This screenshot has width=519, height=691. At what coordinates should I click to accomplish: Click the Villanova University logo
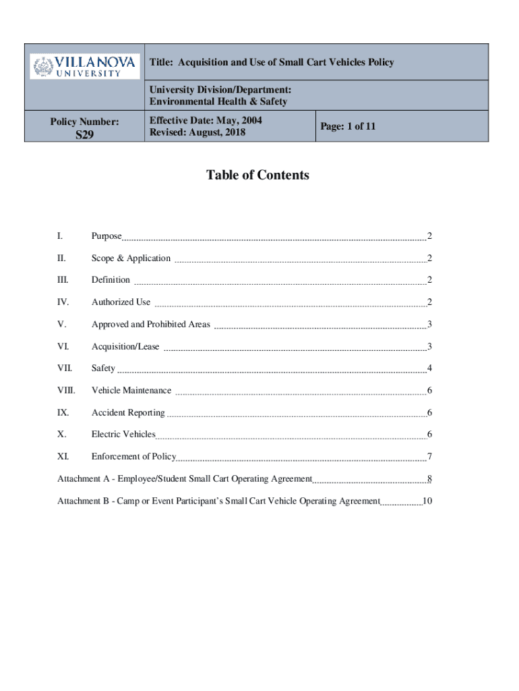coord(85,66)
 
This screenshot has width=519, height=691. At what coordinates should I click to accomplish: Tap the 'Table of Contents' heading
coord(257,175)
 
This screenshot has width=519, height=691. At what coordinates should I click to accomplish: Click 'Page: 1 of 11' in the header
coord(348,126)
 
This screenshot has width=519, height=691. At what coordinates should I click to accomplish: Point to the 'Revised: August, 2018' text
coord(197,132)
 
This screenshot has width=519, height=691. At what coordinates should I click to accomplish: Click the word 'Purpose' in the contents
coord(106,236)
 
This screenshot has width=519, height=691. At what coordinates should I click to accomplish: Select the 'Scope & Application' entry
coord(131,258)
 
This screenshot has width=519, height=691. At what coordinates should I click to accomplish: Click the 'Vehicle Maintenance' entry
coord(131,391)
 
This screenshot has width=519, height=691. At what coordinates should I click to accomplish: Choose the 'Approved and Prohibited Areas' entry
coord(151,325)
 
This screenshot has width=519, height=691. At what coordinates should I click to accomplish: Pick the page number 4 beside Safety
coord(429,368)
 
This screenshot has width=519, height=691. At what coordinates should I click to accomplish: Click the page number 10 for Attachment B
coord(427,501)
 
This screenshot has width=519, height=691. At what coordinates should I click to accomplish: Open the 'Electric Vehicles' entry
coord(123,435)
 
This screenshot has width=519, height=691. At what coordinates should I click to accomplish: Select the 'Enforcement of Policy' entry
coord(133,457)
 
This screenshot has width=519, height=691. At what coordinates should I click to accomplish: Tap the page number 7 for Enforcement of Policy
coord(429,458)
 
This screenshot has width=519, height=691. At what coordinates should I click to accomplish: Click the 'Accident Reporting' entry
coord(128,413)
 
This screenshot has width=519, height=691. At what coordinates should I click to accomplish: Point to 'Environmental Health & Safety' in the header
coord(218,102)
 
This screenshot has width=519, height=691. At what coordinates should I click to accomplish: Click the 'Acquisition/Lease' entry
coord(125,347)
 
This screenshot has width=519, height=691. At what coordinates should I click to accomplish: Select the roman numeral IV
coord(63,302)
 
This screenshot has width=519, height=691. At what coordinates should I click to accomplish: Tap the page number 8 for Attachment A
coord(429,479)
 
